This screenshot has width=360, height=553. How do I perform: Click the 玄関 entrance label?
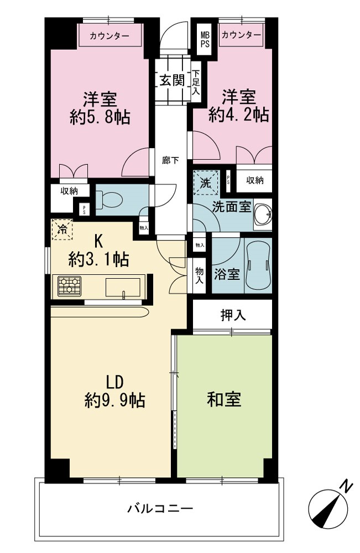pos(172,81)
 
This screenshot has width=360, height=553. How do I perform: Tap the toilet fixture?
pos(109,200)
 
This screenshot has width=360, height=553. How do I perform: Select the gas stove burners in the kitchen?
pos(70,286)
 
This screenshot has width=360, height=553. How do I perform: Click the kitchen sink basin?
pos(123,287)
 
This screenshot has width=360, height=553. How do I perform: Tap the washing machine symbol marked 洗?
pos(206,182)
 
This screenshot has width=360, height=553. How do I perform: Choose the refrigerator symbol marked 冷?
pos(62,229)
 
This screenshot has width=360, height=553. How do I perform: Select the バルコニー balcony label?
pos(160,508)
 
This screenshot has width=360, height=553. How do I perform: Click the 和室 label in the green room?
pos(224,400)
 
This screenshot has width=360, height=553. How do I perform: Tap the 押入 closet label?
pos(233,315)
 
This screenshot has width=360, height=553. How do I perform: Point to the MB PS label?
pos(205,39)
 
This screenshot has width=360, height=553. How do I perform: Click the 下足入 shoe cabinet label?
pos(196,83)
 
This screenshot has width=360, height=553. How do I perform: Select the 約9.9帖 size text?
pos(115,400)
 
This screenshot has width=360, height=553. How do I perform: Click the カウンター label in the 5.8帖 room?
pos(109,35)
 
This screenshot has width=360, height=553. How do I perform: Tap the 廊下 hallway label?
pos(170,161)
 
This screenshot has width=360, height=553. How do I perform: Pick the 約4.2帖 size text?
pos(239,114)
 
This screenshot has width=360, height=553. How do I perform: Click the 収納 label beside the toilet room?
pos(70,191)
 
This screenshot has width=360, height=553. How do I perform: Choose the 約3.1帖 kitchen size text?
pos(98,260)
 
